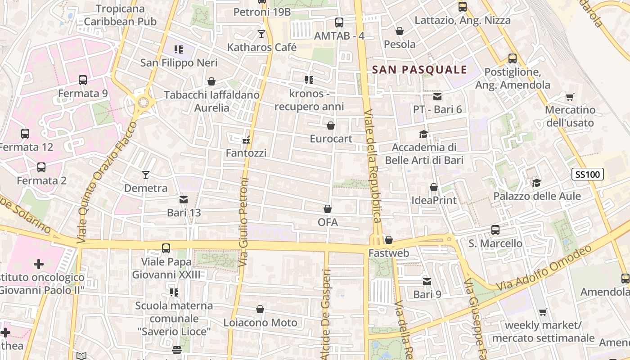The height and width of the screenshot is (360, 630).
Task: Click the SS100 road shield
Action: click(x=588, y=174)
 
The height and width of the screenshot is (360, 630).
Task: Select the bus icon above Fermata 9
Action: click(x=83, y=80)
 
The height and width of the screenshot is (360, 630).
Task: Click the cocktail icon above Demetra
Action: click(x=146, y=175)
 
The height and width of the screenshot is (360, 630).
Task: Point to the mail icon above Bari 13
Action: click(x=184, y=199)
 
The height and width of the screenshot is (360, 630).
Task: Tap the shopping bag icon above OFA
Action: click(x=328, y=209)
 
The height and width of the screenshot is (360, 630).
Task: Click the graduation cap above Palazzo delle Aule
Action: click(x=536, y=183)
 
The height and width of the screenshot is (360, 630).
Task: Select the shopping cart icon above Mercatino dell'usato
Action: click(x=570, y=96)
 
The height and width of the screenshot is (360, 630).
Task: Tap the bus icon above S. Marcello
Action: click(x=495, y=229)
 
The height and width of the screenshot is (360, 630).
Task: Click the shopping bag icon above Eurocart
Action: click(x=331, y=126)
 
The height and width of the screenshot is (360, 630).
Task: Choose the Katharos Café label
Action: click(x=261, y=47)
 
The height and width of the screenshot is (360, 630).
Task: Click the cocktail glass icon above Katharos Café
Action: click(x=261, y=34)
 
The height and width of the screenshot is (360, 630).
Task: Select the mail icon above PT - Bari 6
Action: click(x=437, y=96)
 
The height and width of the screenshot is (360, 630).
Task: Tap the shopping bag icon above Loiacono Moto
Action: click(x=260, y=309)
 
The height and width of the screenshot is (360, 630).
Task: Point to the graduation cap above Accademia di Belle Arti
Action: click(x=423, y=134)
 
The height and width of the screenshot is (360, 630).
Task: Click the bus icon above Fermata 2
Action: click(x=41, y=167)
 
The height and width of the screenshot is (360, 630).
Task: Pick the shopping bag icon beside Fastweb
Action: click(x=389, y=240)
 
